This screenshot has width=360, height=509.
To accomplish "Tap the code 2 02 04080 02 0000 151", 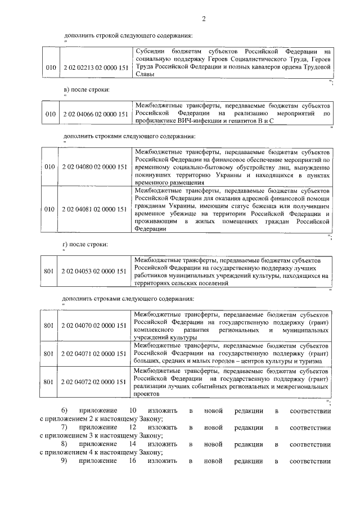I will click(x=94, y=167).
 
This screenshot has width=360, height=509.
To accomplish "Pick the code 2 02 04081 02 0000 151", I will click(x=94, y=209).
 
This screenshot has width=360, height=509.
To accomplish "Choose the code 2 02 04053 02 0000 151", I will click(x=94, y=272).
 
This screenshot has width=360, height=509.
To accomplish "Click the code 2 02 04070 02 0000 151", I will click(x=94, y=326).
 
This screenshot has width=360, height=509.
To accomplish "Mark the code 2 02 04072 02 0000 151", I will click(x=94, y=382).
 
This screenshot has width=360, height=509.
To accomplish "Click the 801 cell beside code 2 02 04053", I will click(x=49, y=272).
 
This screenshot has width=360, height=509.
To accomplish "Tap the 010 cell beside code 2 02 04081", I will click(x=51, y=209).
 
